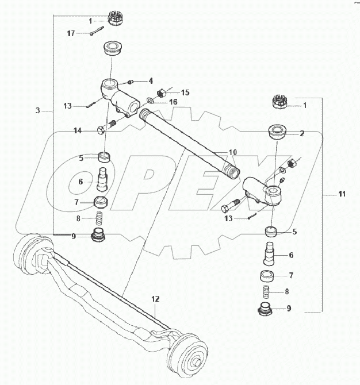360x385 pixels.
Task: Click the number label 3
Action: pos(37,110)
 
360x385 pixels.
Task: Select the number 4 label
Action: pos(150,80)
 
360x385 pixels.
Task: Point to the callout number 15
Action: pos(185,93)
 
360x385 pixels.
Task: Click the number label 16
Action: pos(173,102)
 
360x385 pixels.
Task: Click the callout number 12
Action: pos(155,299)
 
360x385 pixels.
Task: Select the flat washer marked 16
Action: pos(150,101)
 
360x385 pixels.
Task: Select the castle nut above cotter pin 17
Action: pos(117,20)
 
